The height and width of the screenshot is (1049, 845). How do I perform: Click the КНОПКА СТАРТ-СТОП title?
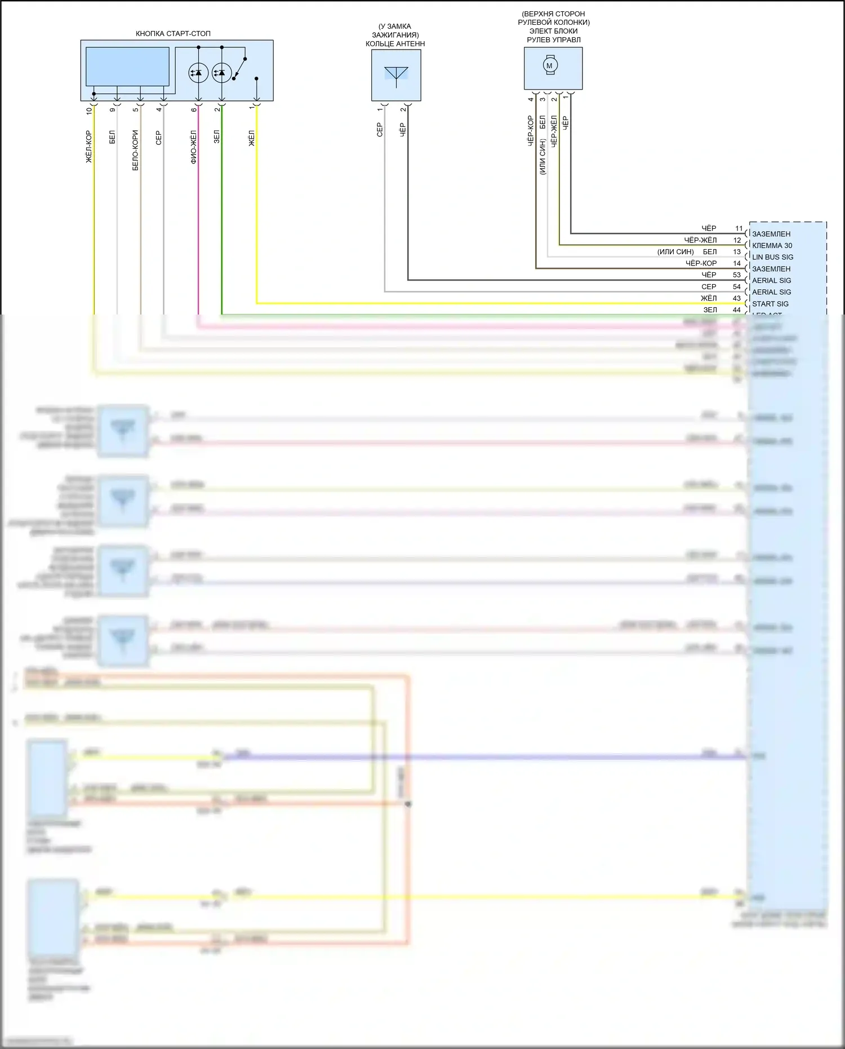point(173,34)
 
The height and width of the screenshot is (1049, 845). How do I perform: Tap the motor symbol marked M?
point(550,65)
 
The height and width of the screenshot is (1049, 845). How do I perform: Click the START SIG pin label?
point(770,304)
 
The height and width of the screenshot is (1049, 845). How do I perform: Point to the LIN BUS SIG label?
point(772,257)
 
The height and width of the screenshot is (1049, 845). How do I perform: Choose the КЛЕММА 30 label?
point(772,245)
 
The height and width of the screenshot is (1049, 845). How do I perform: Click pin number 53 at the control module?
point(737,275)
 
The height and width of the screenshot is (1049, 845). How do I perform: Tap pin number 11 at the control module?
point(739,228)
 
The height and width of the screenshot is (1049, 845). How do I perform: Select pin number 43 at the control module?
point(737,298)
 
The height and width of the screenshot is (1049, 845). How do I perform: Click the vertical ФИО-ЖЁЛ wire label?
point(194,147)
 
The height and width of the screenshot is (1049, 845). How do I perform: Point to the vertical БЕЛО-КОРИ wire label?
point(135,150)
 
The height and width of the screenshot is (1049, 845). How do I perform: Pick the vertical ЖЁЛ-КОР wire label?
point(89,147)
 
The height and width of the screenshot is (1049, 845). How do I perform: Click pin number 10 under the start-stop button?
point(89,111)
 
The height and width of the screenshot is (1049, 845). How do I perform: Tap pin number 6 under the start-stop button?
point(194,109)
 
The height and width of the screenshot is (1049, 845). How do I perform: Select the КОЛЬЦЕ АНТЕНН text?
point(395,44)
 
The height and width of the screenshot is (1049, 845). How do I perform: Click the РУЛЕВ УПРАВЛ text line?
point(553,40)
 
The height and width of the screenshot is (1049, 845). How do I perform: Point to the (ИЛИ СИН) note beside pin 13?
point(675,252)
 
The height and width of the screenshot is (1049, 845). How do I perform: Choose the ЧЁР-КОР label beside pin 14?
point(701,263)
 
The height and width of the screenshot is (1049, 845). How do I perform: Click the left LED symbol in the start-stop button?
point(198,73)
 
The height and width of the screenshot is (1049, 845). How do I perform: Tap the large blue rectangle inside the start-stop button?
point(127,67)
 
